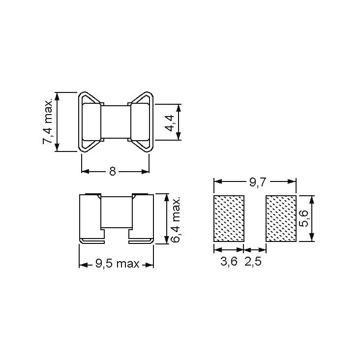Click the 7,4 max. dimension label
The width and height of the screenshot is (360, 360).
pos(48,122)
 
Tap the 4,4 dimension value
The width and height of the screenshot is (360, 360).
pos(170,123)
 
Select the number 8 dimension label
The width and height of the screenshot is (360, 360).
pos(113,171)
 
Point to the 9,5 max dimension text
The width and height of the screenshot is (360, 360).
pos(118,264)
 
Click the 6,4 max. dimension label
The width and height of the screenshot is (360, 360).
pos(176,220)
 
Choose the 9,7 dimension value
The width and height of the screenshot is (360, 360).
pos(258,182)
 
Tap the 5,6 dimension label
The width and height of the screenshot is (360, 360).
pos(304,218)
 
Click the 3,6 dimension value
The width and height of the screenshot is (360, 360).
pos(229,261)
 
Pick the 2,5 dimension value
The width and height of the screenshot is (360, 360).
pos(253,261)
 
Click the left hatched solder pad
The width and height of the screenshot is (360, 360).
pos(229,218)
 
